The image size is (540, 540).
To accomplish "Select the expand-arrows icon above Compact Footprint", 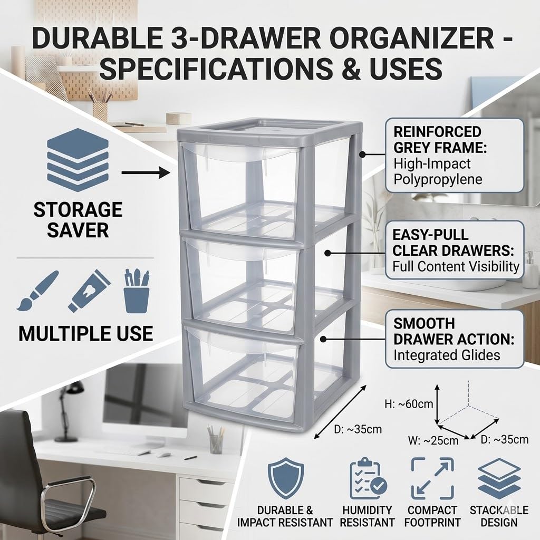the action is tap(432, 478).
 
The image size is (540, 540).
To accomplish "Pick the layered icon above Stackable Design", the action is tap(499, 478).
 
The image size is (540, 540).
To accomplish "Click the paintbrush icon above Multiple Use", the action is tap(37, 291).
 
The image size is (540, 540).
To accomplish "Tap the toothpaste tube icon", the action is tap(89, 291).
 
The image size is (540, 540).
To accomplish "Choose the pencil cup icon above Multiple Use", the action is tap(137, 291).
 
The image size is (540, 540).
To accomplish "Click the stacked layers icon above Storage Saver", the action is tap(78, 160).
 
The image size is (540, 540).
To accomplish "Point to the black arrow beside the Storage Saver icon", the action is tap(146, 172).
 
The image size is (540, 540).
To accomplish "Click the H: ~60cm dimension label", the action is tap(409, 404).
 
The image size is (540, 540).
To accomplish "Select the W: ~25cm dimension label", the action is tap(433, 440).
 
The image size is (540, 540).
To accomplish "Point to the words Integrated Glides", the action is tap(447, 355).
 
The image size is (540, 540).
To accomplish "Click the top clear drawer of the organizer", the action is tap(241, 191).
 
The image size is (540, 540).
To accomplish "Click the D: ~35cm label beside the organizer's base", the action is tap(358, 429).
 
